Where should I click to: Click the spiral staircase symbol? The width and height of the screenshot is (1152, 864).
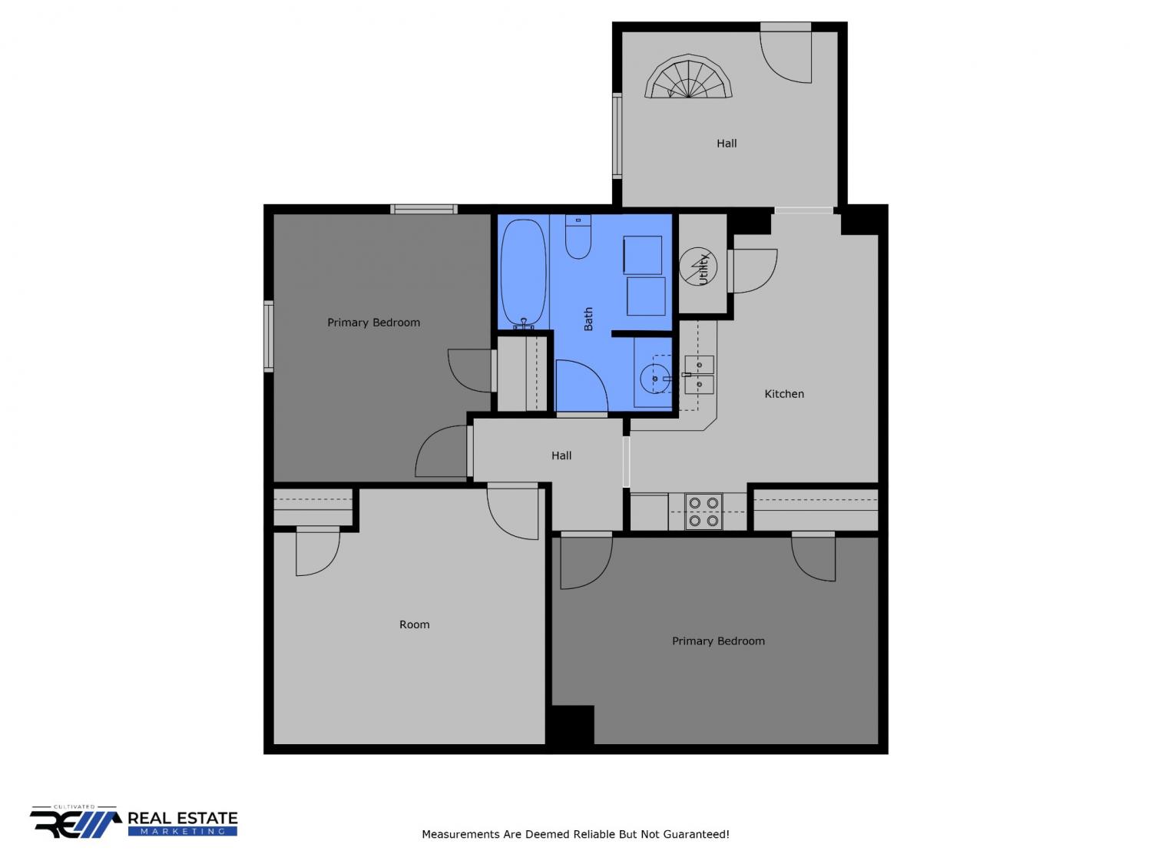[688, 77]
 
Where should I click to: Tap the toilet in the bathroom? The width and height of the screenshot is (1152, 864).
[578, 236]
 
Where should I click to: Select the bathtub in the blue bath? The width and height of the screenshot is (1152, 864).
[523, 274]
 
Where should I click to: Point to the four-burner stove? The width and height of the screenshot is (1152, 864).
[703, 511]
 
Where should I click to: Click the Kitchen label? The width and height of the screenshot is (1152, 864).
[783, 394]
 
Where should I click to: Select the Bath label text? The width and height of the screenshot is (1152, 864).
[588, 319]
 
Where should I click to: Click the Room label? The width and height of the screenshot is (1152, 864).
[414, 624]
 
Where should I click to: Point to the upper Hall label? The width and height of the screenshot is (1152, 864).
[727, 143]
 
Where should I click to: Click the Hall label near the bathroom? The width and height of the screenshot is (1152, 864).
[561, 455]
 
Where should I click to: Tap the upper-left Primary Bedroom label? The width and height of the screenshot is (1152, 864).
[373, 323]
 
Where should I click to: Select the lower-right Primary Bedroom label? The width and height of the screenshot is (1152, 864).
[718, 641]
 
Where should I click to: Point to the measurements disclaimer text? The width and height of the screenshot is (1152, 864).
[575, 834]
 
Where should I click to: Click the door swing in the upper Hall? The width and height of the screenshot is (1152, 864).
[786, 57]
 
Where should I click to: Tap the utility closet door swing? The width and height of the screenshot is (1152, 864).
[753, 270]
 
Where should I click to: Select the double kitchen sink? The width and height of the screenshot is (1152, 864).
[699, 375]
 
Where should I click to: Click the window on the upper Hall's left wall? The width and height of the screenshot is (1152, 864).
[617, 135]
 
